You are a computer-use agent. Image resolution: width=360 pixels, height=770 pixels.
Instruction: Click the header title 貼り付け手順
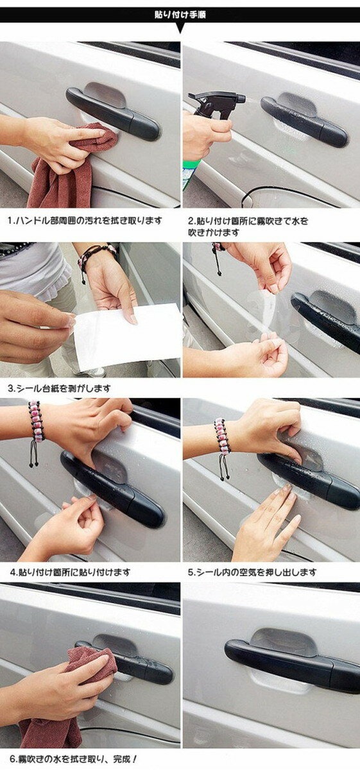coord(180,15)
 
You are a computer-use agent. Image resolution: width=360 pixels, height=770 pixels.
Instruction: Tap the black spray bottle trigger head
coord(217,102)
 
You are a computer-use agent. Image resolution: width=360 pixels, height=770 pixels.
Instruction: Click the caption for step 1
coord(85,220)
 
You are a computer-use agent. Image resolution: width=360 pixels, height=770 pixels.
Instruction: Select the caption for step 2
coord(248,227)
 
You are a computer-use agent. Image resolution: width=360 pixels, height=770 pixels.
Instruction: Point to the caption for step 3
coord(59,388)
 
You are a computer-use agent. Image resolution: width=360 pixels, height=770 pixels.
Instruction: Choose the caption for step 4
coord(70,572)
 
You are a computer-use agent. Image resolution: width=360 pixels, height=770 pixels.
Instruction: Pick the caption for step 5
coord(252,572)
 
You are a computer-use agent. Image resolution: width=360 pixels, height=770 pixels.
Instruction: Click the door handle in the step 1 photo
coord(113,114)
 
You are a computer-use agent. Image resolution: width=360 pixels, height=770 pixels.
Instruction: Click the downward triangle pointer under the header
coord(180,28)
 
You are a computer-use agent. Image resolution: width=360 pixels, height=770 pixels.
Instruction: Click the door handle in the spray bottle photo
coord(305,121)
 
